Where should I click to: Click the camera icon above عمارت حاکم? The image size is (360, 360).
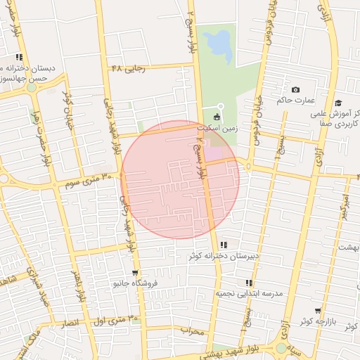click(295, 90)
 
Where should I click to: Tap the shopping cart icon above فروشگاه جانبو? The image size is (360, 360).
click(135, 273)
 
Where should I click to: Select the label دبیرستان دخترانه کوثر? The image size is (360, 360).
click(224, 255)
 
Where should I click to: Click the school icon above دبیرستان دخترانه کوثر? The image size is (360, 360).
click(224, 244)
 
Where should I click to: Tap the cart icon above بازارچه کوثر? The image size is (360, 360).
click(318, 311)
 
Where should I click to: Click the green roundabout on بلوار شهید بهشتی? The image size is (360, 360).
click(281, 348)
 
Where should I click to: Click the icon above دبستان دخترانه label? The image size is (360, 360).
click(19, 57)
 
